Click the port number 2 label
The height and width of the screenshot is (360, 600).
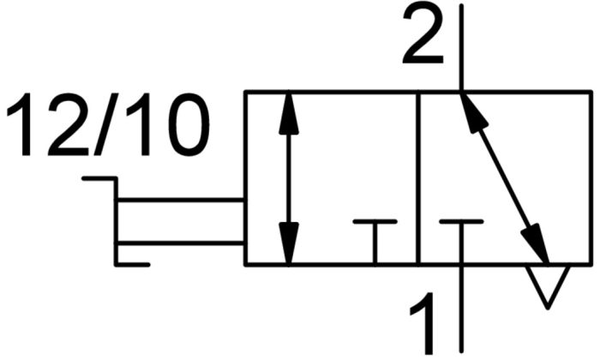423,35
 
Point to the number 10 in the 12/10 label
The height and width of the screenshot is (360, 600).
167,125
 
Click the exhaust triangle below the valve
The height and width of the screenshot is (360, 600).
548,286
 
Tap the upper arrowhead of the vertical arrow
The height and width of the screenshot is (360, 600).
289,113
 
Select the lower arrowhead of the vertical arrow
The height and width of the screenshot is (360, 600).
289,243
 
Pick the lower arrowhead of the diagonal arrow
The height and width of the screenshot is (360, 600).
535,243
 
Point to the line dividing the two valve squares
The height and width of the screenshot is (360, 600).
418,178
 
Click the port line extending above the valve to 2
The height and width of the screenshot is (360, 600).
461,48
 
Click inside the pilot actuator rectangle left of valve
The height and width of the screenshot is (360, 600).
180,221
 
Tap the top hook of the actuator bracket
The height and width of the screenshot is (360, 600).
99,178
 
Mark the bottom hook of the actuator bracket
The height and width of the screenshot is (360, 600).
132,264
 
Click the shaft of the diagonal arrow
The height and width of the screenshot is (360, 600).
504,178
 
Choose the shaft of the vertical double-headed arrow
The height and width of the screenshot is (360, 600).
289,178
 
